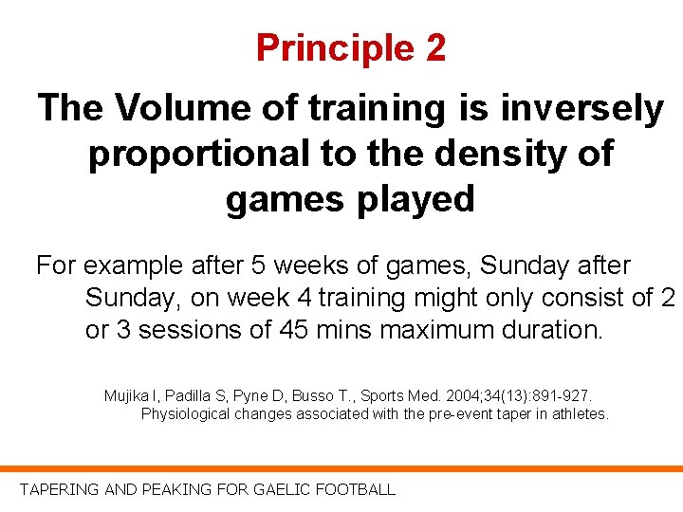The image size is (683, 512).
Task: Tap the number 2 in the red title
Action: coord(435,48)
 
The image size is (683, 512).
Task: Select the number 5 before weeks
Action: coord(258,266)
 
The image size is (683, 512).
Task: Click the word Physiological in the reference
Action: coord(187,414)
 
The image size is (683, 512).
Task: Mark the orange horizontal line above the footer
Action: coord(341,468)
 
